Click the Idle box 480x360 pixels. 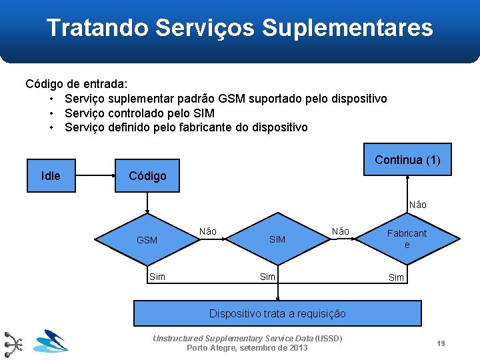pos(51,176)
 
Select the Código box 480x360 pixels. pos(147,176)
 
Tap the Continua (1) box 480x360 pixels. pos(407,160)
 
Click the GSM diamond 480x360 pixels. pos(147,239)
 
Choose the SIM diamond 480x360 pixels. pos(277,239)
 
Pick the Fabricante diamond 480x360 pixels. pos(407,239)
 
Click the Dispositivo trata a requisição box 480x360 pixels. pos(277,313)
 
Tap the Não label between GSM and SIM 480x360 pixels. pos(208,231)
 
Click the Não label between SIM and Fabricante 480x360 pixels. pos(341,231)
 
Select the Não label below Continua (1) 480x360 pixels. pos(418,205)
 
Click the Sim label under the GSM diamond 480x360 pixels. pos(157,277)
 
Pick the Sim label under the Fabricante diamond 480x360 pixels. pos(397,277)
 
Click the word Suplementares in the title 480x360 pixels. pos(347,28)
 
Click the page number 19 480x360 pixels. pos(441,343)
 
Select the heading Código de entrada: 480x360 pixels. pos(77,84)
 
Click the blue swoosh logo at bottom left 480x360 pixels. pos(51,341)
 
